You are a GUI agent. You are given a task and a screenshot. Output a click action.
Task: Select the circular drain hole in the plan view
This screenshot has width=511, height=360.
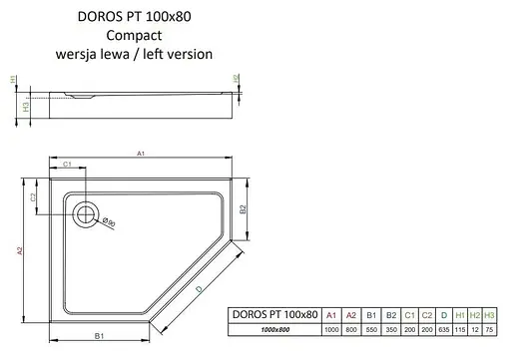(87, 211)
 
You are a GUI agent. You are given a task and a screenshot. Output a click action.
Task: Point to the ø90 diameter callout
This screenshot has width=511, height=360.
(111, 223)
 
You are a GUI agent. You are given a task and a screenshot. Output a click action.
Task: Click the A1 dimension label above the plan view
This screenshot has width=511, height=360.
(143, 154)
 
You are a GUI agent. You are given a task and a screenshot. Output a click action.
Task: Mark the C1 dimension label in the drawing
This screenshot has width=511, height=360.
(67, 164)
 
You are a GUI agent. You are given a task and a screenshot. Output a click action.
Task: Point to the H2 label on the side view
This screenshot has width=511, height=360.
(236, 78)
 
